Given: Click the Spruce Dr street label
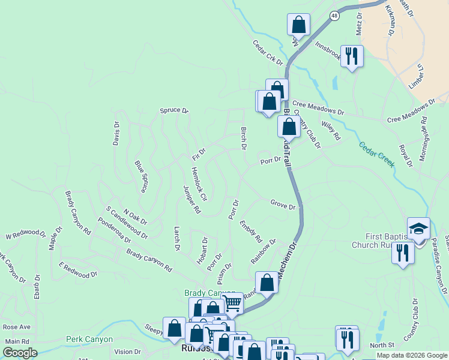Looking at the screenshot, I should click(x=174, y=111).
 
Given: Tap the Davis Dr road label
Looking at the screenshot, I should click(x=116, y=134).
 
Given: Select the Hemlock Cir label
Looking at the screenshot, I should click(x=199, y=184).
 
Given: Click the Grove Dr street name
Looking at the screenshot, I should click(x=283, y=206).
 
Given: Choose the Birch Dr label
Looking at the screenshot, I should click(x=244, y=139).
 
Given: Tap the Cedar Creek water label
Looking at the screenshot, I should click(x=376, y=154).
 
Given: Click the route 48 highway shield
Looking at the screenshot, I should click(x=334, y=16).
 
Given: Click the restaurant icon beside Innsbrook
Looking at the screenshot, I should click(x=352, y=56).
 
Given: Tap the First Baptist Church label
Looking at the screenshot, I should click(x=384, y=241).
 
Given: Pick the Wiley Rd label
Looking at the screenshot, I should click(x=331, y=131).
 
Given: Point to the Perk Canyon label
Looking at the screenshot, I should click(x=89, y=340).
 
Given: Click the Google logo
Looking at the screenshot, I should click(x=20, y=353).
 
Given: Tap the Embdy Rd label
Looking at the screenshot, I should click(x=251, y=231).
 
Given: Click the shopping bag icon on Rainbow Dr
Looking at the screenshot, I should click(x=267, y=282).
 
